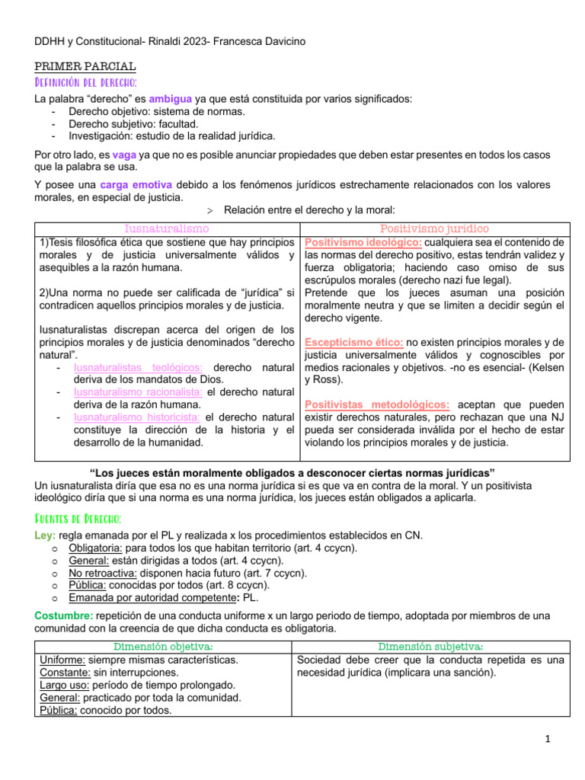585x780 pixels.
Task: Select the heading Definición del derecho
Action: (x=85, y=82)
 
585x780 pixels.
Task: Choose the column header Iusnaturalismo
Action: (x=167, y=229)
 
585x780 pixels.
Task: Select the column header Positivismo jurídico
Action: (x=434, y=229)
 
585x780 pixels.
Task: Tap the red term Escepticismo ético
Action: (x=353, y=342)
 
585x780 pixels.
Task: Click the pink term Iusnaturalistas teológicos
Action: (x=133, y=367)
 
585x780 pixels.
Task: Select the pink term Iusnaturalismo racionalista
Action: (x=138, y=392)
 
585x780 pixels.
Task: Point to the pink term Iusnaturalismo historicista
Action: (x=137, y=417)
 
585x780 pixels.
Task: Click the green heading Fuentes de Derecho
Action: (x=78, y=519)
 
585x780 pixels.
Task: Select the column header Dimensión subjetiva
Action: (x=431, y=647)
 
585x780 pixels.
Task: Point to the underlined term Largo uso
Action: (x=64, y=685)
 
